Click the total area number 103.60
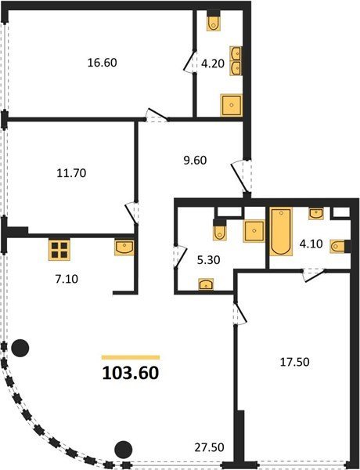130,373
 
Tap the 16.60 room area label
102,63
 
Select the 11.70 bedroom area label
71,173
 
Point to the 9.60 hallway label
195,161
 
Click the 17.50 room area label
294,362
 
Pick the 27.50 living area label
209,447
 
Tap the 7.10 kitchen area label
67,279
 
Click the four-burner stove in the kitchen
59,250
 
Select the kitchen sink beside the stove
124,248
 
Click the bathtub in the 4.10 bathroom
281,232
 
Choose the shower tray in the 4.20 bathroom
231,105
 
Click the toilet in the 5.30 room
220,230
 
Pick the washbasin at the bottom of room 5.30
206,284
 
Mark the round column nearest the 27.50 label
124,450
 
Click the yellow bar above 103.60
131,357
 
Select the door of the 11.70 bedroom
132,213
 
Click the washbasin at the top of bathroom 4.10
316,214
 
